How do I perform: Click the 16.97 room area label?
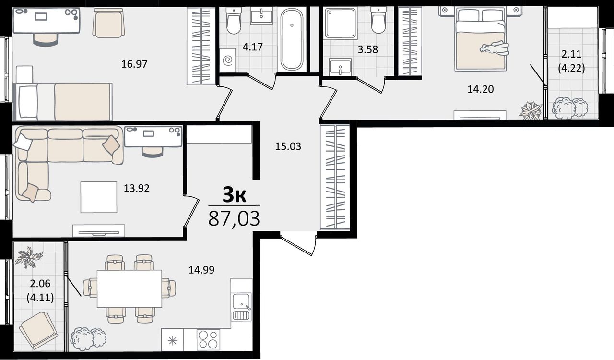click(x=134, y=64)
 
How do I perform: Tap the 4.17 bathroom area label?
click(x=252, y=47)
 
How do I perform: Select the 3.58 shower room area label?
click(x=368, y=49)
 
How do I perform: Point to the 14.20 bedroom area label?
click(x=481, y=89)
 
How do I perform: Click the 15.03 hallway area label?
click(x=288, y=146)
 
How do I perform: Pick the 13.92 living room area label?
click(x=137, y=189)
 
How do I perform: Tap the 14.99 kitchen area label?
click(x=201, y=270)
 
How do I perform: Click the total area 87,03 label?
click(x=234, y=219)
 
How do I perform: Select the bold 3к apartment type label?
click(x=234, y=194)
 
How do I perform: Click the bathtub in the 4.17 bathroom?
click(x=292, y=39)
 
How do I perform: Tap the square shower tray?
click(x=341, y=23)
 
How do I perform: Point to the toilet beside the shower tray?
click(x=378, y=20)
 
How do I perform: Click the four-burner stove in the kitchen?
click(x=208, y=340)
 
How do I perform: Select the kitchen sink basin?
click(x=241, y=301)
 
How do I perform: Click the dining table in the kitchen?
click(x=130, y=288)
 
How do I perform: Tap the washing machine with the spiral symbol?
click(x=228, y=60)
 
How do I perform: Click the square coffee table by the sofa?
click(x=99, y=197)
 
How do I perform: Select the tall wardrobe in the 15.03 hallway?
click(x=335, y=177)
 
